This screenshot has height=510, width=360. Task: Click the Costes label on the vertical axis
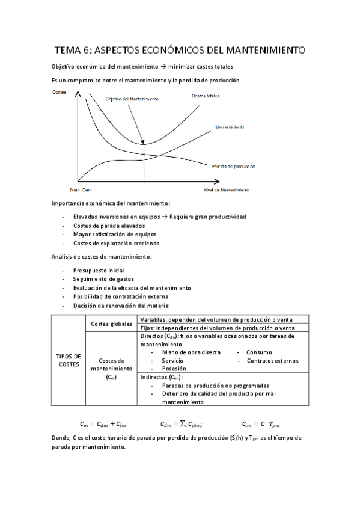(60, 92)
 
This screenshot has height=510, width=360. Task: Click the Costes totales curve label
(206, 96)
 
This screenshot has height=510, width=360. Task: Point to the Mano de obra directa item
(191, 352)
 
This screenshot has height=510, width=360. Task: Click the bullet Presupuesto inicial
(99, 271)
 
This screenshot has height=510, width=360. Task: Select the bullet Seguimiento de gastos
(103, 279)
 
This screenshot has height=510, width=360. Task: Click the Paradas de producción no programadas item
(215, 386)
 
